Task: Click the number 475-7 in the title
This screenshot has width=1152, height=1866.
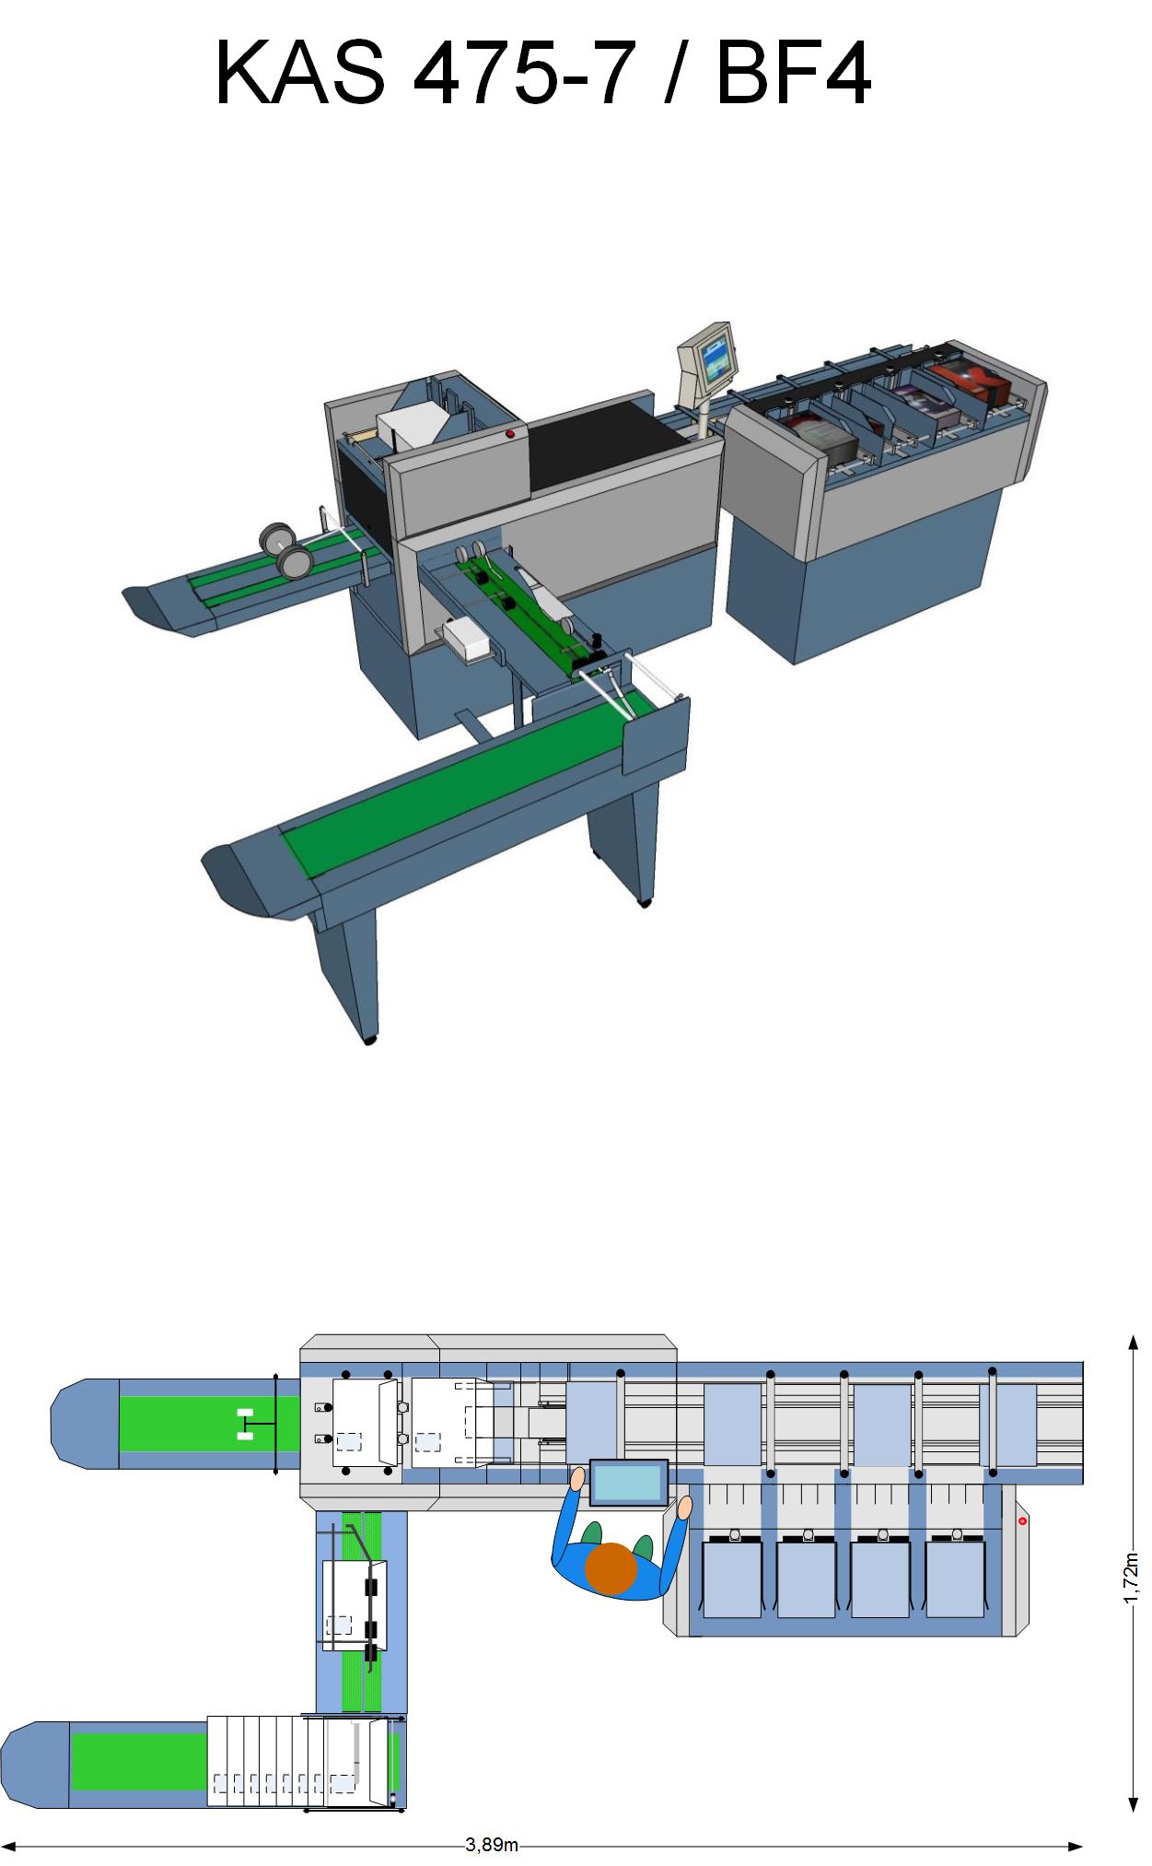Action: [x=523, y=73]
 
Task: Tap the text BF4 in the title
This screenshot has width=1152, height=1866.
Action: [x=793, y=73]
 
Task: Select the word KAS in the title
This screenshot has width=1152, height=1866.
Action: [x=300, y=73]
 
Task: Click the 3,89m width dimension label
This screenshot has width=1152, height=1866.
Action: [x=492, y=1845]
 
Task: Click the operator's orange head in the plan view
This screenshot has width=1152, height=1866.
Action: [x=611, y=1567]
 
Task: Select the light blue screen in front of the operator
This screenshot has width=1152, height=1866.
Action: [x=629, y=1483]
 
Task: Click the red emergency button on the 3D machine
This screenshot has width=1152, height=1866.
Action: [x=510, y=433]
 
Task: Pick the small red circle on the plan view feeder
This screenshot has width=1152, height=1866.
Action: [x=1022, y=1520]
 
